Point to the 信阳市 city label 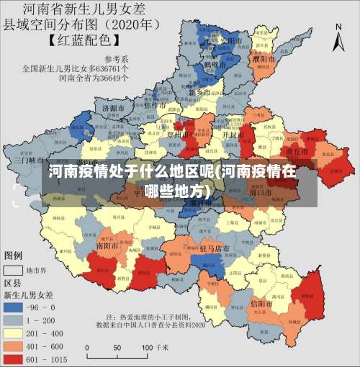click(x=261, y=304)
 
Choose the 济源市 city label click(x=114, y=109)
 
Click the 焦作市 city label click(x=156, y=105)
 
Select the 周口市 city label click(x=260, y=193)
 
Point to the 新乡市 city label click(x=199, y=94)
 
